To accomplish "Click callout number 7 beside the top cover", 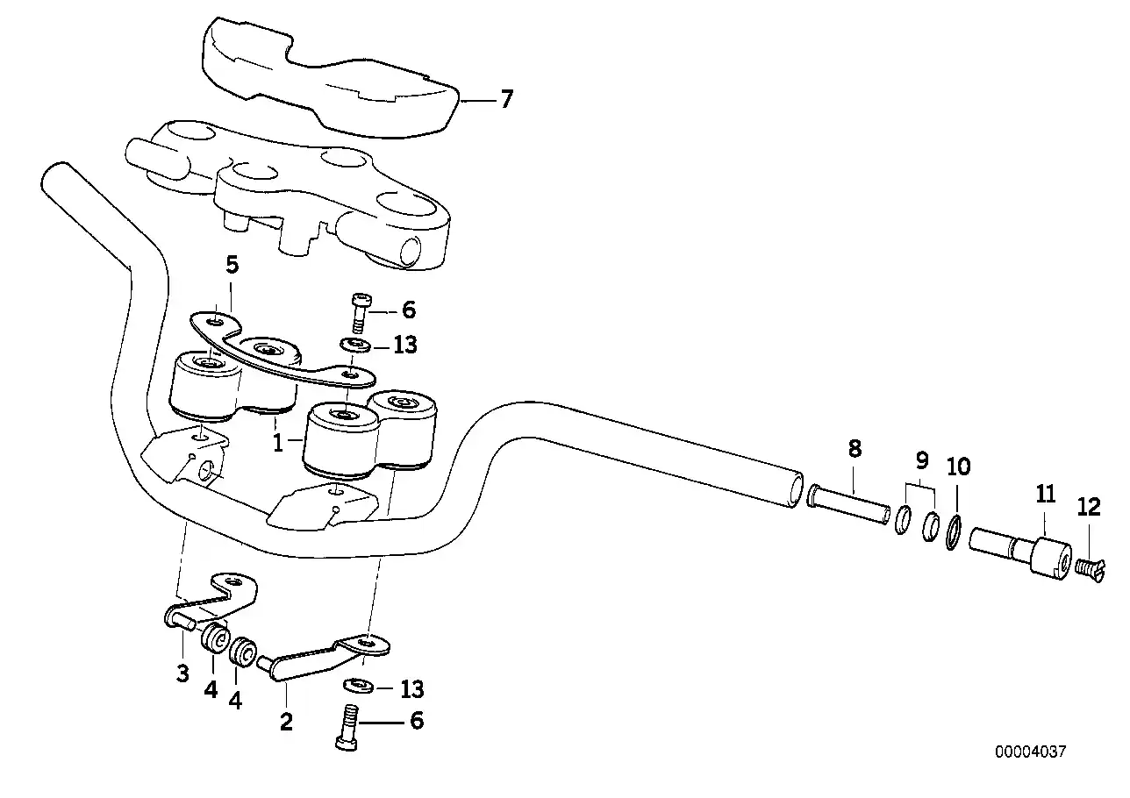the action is tap(506, 99).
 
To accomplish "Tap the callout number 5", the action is tap(232, 265).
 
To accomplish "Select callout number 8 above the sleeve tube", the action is tap(855, 449).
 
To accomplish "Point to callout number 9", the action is tap(922, 460).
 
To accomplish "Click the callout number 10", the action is tap(958, 467).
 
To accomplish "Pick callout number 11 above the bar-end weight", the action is tap(1046, 495).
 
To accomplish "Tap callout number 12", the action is tap(1089, 507).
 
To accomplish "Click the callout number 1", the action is tap(278, 443).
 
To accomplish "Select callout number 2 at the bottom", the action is tap(286, 722).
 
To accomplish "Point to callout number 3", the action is tap(182, 673).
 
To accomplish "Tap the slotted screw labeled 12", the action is tap(1090, 570).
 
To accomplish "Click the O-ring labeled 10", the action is tap(953, 532).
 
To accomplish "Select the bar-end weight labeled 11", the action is tap(1021, 552).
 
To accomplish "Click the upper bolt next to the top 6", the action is tap(360, 313).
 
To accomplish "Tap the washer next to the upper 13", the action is tap(355, 346).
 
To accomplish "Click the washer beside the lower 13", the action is tap(358, 686).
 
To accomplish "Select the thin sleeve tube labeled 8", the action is tap(848, 504).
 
